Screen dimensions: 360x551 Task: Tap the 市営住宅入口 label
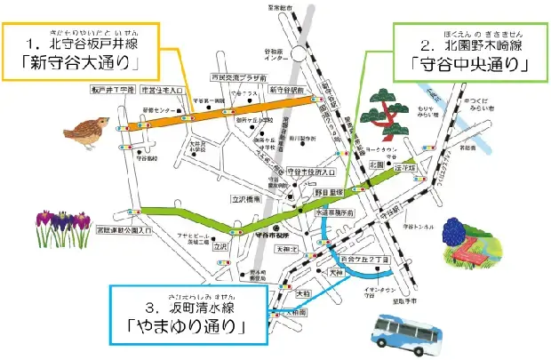(164, 91)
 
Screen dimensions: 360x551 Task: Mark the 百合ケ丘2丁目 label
(339, 258)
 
